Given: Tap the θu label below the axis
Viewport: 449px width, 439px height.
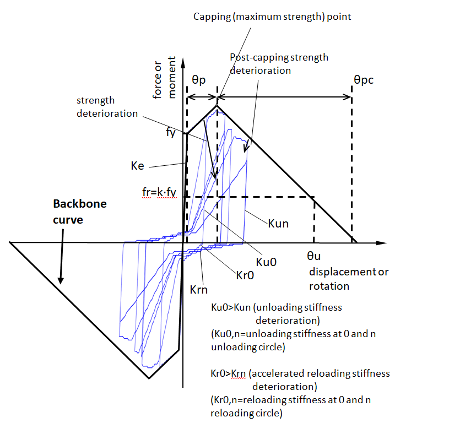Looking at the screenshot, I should [316, 256].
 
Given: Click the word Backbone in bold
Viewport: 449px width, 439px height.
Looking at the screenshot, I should [79, 204].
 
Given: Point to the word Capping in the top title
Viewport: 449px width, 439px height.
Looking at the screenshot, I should [210, 17].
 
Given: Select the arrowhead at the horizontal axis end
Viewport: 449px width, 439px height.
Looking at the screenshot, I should [381, 242].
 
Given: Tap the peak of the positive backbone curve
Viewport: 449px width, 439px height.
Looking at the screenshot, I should [217, 106].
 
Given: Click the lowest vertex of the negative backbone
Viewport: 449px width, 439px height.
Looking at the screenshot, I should [148, 378].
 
